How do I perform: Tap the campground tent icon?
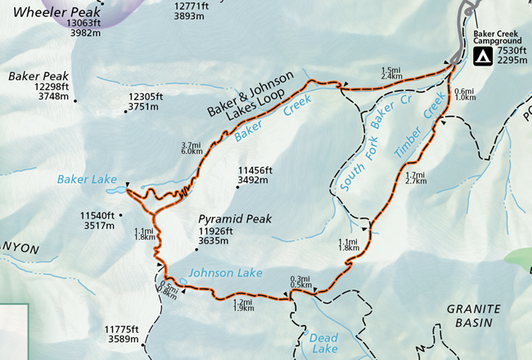(x=483, y=56)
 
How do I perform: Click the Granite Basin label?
(x=472, y=314)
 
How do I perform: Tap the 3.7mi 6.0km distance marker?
(x=192, y=149)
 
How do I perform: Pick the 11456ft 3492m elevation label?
(x=254, y=174)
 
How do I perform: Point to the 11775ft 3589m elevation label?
(x=124, y=333)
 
